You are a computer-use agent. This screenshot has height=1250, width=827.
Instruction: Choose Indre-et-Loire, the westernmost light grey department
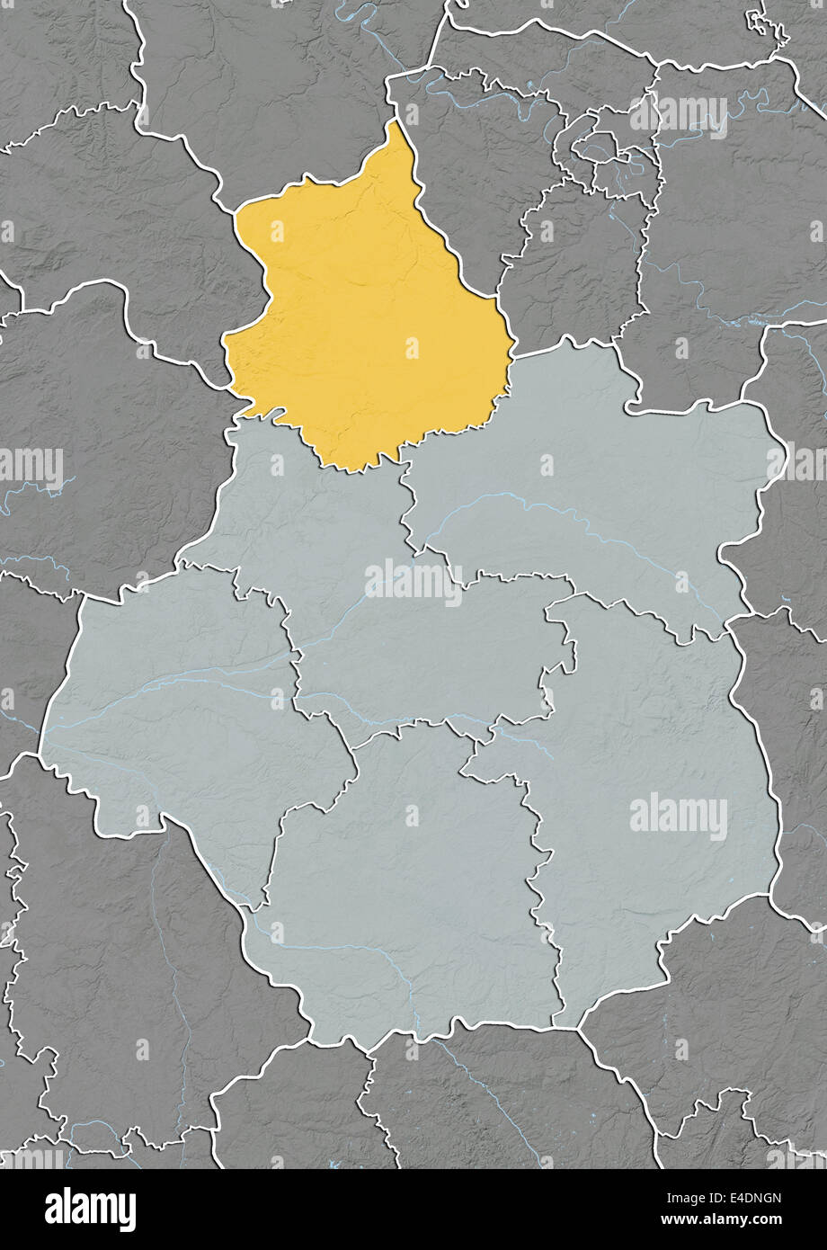point(180,710)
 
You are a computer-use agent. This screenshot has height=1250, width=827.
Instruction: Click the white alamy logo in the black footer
point(90,1209)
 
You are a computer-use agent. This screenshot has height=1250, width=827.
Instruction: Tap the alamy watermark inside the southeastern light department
point(679,817)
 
